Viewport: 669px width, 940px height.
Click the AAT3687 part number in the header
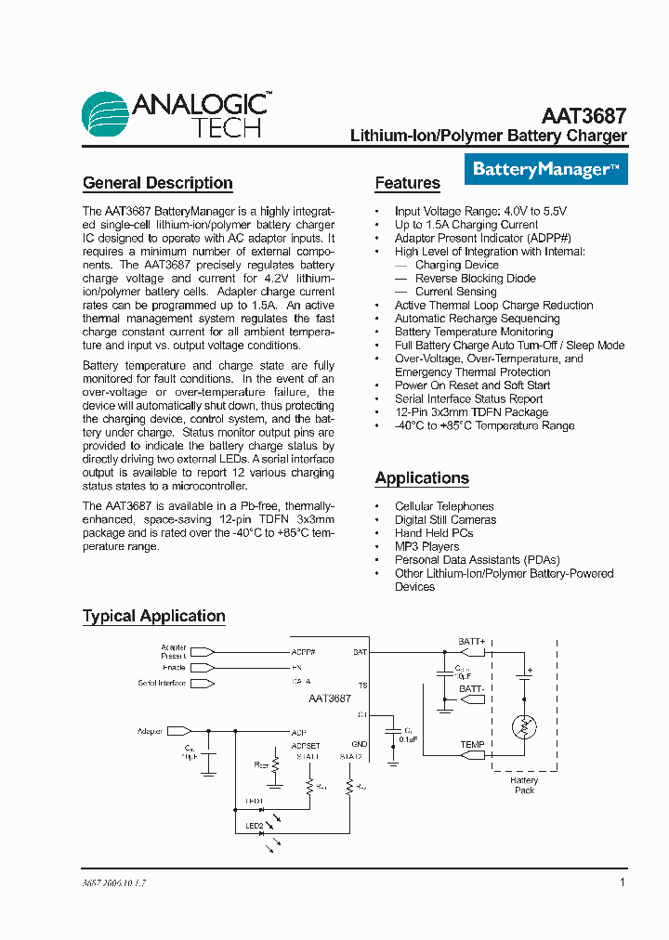point(584,117)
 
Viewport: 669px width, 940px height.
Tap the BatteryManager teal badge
point(545,169)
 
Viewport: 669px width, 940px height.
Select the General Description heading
point(158,183)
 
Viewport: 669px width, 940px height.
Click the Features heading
point(407,183)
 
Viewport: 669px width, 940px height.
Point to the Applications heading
point(422,478)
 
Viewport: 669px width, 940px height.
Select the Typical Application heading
point(154,616)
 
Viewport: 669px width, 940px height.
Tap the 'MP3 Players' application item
point(426,546)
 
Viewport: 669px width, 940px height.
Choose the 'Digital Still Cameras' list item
point(445,520)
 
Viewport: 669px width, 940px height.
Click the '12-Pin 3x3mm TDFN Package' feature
point(471,412)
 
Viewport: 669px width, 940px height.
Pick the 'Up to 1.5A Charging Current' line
point(466,225)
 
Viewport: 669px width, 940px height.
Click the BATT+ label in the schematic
point(472,642)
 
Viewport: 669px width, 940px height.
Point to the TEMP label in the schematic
point(472,745)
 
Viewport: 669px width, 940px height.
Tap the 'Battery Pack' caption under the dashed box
point(524,785)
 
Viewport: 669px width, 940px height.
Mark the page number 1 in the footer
point(622,882)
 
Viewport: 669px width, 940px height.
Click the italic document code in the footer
point(108,883)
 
